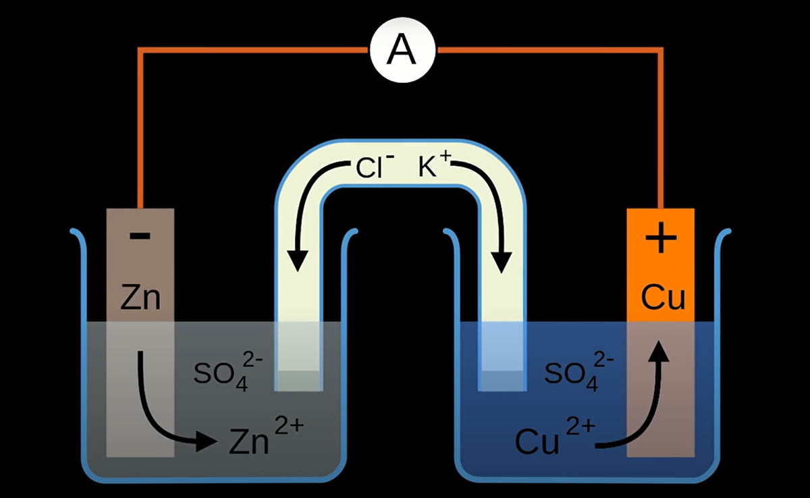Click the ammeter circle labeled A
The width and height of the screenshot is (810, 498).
[404, 50]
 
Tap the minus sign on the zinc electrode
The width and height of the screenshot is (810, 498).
[140, 237]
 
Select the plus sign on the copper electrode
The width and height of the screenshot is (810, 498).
[661, 240]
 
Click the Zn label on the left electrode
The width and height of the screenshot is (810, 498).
[140, 297]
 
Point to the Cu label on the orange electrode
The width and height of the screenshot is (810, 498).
[662, 297]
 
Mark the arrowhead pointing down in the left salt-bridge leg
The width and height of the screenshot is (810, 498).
[298, 260]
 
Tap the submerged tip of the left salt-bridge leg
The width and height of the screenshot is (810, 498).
[298, 378]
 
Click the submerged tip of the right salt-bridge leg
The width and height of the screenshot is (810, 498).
[502, 378]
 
